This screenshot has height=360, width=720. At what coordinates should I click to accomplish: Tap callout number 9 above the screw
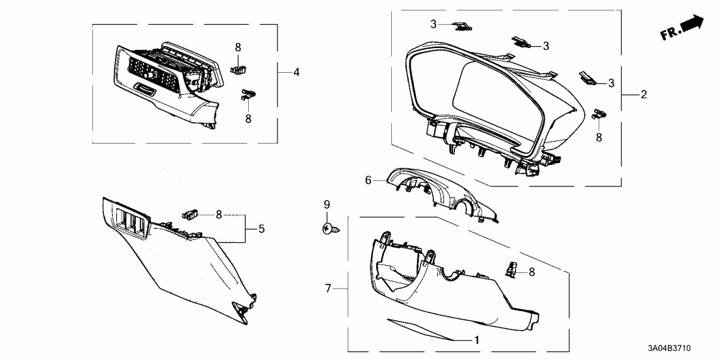[328, 205]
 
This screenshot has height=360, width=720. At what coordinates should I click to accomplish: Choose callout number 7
[328, 287]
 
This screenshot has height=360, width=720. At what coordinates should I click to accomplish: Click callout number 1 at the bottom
[476, 339]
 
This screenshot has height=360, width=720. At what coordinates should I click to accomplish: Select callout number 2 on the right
[643, 95]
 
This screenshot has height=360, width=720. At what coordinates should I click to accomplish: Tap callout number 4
[296, 72]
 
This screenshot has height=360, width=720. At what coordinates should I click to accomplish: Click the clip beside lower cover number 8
[512, 268]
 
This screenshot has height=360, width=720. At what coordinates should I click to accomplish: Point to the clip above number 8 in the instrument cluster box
[599, 115]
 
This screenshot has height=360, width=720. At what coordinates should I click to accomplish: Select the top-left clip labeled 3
[463, 26]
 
